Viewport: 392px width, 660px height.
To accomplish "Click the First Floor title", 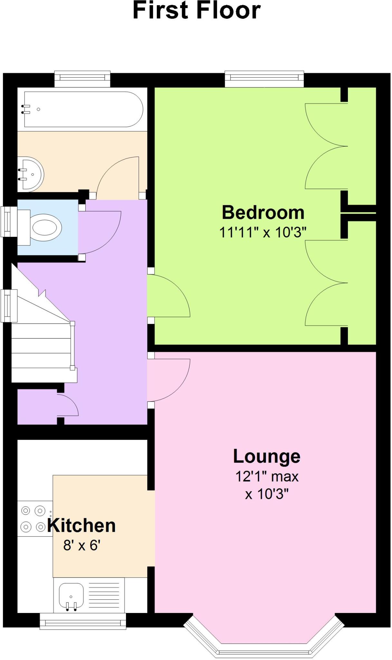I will click(x=196, y=11).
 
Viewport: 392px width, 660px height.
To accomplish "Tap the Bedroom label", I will click(x=263, y=213).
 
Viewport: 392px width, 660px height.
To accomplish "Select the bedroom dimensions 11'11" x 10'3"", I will click(x=263, y=232).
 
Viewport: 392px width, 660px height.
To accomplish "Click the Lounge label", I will click(x=267, y=456).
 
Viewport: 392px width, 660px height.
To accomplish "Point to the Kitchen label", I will click(x=81, y=526).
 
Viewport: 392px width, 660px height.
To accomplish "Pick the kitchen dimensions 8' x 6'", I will click(x=82, y=545).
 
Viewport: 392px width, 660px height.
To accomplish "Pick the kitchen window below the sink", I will click(x=83, y=621).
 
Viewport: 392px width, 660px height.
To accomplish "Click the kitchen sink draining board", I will click(x=104, y=595).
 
